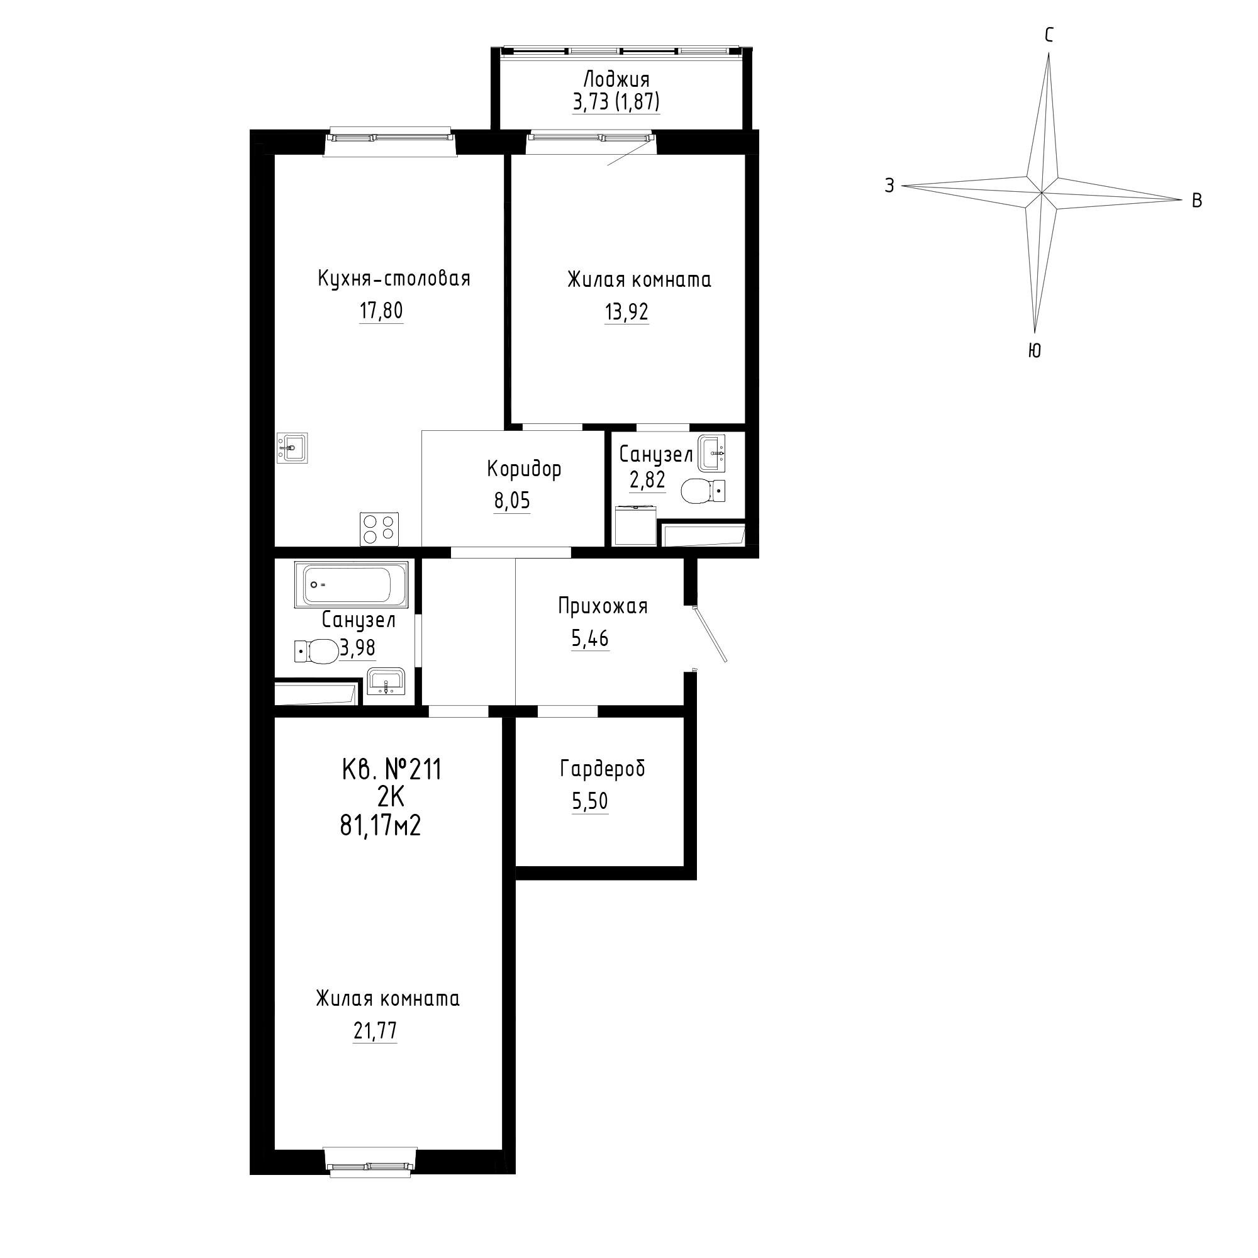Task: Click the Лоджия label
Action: click(616, 80)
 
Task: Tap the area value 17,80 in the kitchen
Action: click(381, 311)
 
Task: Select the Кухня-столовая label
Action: click(394, 279)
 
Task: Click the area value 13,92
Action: click(626, 313)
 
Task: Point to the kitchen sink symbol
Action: click(292, 448)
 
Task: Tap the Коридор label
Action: click(524, 469)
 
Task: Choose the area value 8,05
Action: click(512, 501)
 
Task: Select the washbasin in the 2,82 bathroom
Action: click(711, 453)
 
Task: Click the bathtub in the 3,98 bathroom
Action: click(352, 584)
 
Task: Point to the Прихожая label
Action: click(603, 606)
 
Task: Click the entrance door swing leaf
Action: click(710, 634)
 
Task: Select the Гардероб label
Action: click(603, 769)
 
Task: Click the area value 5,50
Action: click(590, 801)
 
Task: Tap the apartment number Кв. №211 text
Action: click(391, 771)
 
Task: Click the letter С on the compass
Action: click(1049, 36)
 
